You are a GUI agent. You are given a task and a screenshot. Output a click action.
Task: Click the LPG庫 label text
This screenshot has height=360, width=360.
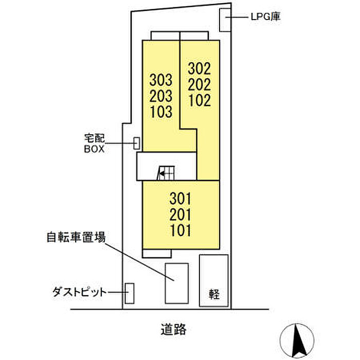[265, 17]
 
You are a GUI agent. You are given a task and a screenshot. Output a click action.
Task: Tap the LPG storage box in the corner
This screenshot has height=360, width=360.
[225, 20]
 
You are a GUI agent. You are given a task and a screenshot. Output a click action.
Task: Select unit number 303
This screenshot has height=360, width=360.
[160, 80]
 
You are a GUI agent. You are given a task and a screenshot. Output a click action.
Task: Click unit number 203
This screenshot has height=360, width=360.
[160, 96]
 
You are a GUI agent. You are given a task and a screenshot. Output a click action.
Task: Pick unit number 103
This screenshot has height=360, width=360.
[160, 112]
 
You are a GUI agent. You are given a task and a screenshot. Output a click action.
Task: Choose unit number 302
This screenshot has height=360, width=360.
[200, 68]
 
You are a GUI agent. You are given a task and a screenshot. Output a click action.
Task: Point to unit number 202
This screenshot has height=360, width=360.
[200, 84]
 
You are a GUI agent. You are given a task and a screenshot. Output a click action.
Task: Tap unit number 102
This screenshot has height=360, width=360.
[200, 101]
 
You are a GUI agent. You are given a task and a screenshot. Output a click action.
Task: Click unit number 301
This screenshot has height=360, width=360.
[180, 199]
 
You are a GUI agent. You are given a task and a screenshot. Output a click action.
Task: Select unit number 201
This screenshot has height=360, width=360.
[180, 215]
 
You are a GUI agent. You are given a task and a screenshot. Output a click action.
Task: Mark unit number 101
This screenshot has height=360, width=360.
[180, 230]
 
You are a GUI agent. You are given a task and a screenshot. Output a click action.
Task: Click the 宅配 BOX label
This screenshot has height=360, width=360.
[94, 143]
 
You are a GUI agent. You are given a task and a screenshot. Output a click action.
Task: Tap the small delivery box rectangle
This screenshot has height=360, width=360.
[137, 143]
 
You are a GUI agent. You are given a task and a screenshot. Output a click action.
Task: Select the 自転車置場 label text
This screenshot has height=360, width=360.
[76, 237]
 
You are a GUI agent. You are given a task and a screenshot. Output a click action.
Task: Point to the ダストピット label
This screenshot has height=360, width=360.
[80, 292]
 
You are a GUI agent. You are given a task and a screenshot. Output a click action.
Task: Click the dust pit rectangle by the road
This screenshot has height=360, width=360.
[130, 294]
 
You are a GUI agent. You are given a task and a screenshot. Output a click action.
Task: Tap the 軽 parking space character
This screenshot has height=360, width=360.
[214, 294]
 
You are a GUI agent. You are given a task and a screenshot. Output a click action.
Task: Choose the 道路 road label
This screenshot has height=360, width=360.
[173, 330]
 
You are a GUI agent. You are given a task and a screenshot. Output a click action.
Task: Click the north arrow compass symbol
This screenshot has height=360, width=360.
[297, 340]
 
